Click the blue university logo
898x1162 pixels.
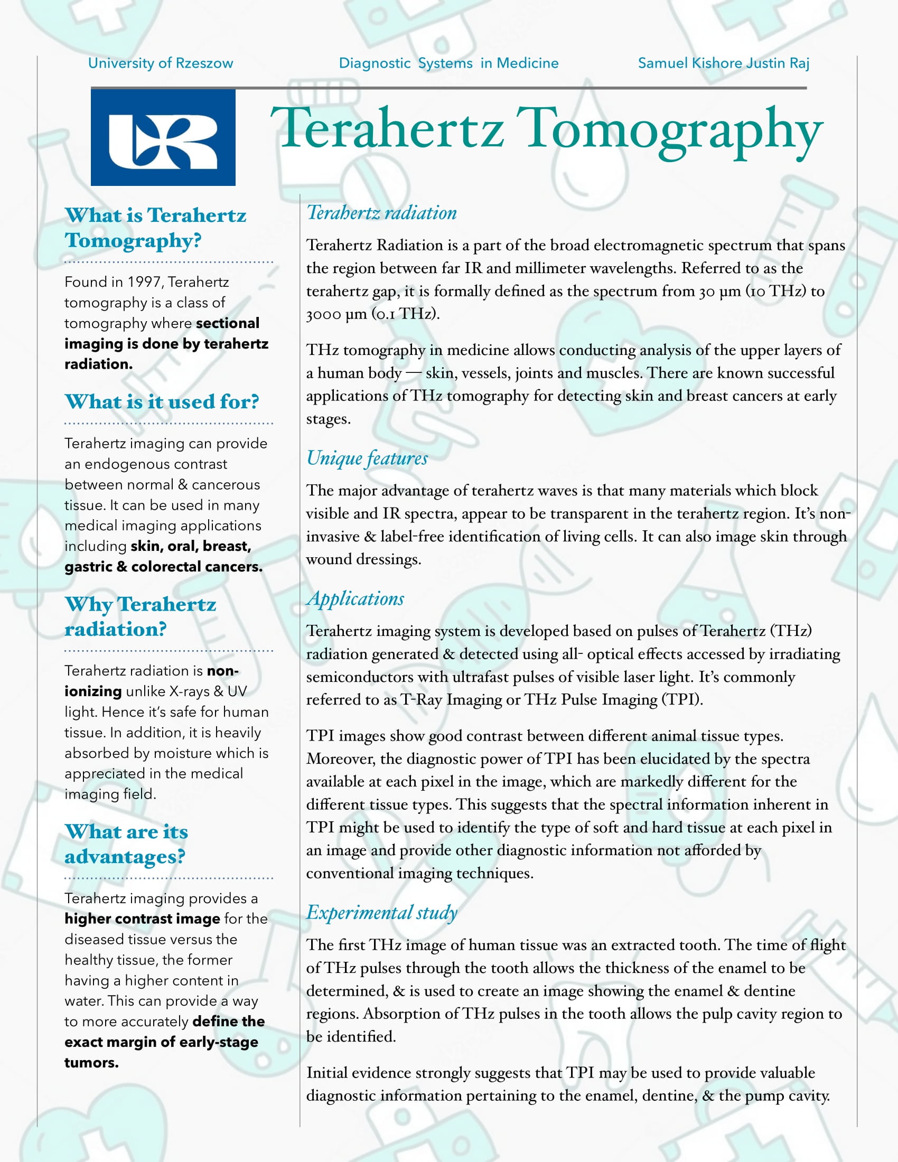point(163,137)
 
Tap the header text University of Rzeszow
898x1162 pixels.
point(160,63)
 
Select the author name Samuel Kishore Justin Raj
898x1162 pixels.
point(723,63)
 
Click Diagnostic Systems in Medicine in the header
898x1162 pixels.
point(448,63)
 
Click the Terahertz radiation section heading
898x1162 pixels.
point(381,213)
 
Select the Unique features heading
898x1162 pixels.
point(367,458)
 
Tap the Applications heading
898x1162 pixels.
point(356,598)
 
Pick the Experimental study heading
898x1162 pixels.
point(381,913)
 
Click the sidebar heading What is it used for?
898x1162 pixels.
point(162,402)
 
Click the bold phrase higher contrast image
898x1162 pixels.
point(142,919)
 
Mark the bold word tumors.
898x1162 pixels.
point(91,1063)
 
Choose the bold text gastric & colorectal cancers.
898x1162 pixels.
point(163,567)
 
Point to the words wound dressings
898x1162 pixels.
point(363,559)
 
